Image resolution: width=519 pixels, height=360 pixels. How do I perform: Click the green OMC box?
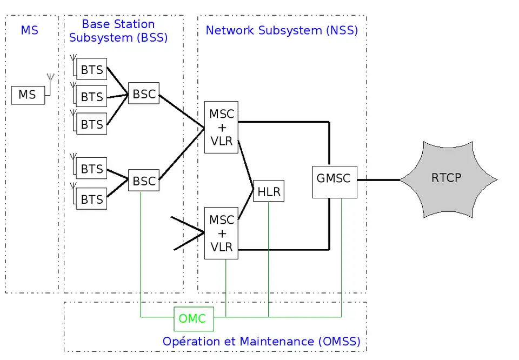[x=194, y=318]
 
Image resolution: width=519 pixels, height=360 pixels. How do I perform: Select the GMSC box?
[x=334, y=178]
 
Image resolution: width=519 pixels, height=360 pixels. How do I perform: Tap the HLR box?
[x=268, y=191]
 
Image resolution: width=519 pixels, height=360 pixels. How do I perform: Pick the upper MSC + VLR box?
[x=221, y=127]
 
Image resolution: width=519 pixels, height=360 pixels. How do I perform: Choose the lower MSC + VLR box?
[x=221, y=233]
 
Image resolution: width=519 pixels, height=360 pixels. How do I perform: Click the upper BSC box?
[x=144, y=94]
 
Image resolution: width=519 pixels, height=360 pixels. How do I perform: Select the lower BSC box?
[x=144, y=181]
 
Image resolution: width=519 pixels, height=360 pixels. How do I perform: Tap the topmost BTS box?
[x=91, y=69]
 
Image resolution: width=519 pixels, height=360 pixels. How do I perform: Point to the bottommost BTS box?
[x=91, y=199]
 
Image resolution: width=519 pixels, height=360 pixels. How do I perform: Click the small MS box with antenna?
[x=28, y=95]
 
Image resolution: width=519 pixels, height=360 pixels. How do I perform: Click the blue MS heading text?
[x=30, y=30]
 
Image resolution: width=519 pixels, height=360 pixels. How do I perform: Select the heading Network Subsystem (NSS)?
[x=282, y=30]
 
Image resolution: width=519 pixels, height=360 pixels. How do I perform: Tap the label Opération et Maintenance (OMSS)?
[x=261, y=342]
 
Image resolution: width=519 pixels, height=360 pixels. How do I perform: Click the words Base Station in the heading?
[x=118, y=24]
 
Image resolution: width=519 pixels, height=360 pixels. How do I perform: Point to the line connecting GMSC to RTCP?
[x=378, y=179]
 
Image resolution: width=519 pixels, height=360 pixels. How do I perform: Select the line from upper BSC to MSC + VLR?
[x=181, y=112]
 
